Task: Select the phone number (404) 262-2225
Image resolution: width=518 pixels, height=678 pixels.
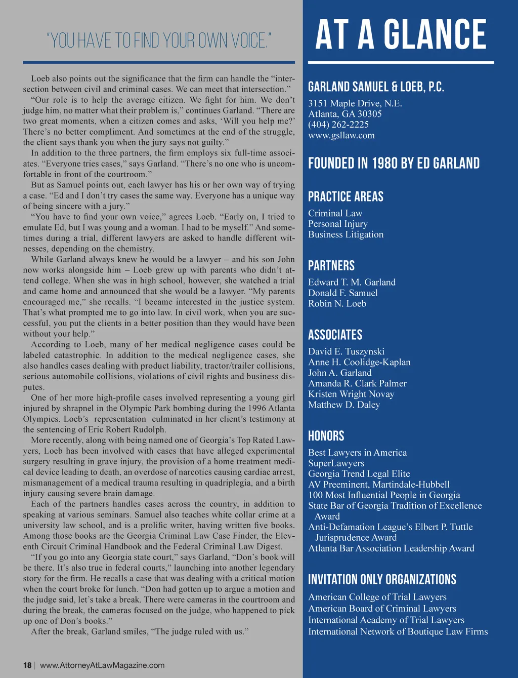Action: coord(338,125)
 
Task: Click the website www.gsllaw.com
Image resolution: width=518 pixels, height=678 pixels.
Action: coord(341,135)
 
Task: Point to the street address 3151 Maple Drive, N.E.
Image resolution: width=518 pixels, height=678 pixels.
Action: coord(355,103)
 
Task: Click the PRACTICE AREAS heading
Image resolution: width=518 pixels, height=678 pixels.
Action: coord(346,196)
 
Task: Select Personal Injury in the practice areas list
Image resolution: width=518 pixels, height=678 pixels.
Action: coord(338,224)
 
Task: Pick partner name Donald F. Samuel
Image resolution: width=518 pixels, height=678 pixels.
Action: coord(343,293)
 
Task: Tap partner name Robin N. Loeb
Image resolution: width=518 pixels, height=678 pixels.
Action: coord(337,303)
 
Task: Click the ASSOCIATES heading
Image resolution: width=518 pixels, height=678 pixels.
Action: coord(335,335)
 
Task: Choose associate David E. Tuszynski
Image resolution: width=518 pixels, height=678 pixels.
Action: coord(347,351)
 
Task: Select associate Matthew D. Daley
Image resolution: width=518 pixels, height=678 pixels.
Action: coord(344,405)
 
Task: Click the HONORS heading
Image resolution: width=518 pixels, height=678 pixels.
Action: coord(326,436)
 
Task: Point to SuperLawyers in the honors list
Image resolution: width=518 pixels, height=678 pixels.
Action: coord(336,463)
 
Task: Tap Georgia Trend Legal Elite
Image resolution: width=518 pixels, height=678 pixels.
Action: coord(359,474)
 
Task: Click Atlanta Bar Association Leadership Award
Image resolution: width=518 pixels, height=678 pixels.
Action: coord(392,548)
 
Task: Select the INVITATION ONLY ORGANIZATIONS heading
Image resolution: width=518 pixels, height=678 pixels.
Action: coord(382,579)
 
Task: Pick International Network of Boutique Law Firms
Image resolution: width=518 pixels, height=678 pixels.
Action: coord(398,631)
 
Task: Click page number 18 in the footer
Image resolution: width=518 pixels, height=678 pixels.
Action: coord(27,665)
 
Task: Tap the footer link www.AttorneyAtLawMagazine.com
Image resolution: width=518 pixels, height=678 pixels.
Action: coord(102,665)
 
